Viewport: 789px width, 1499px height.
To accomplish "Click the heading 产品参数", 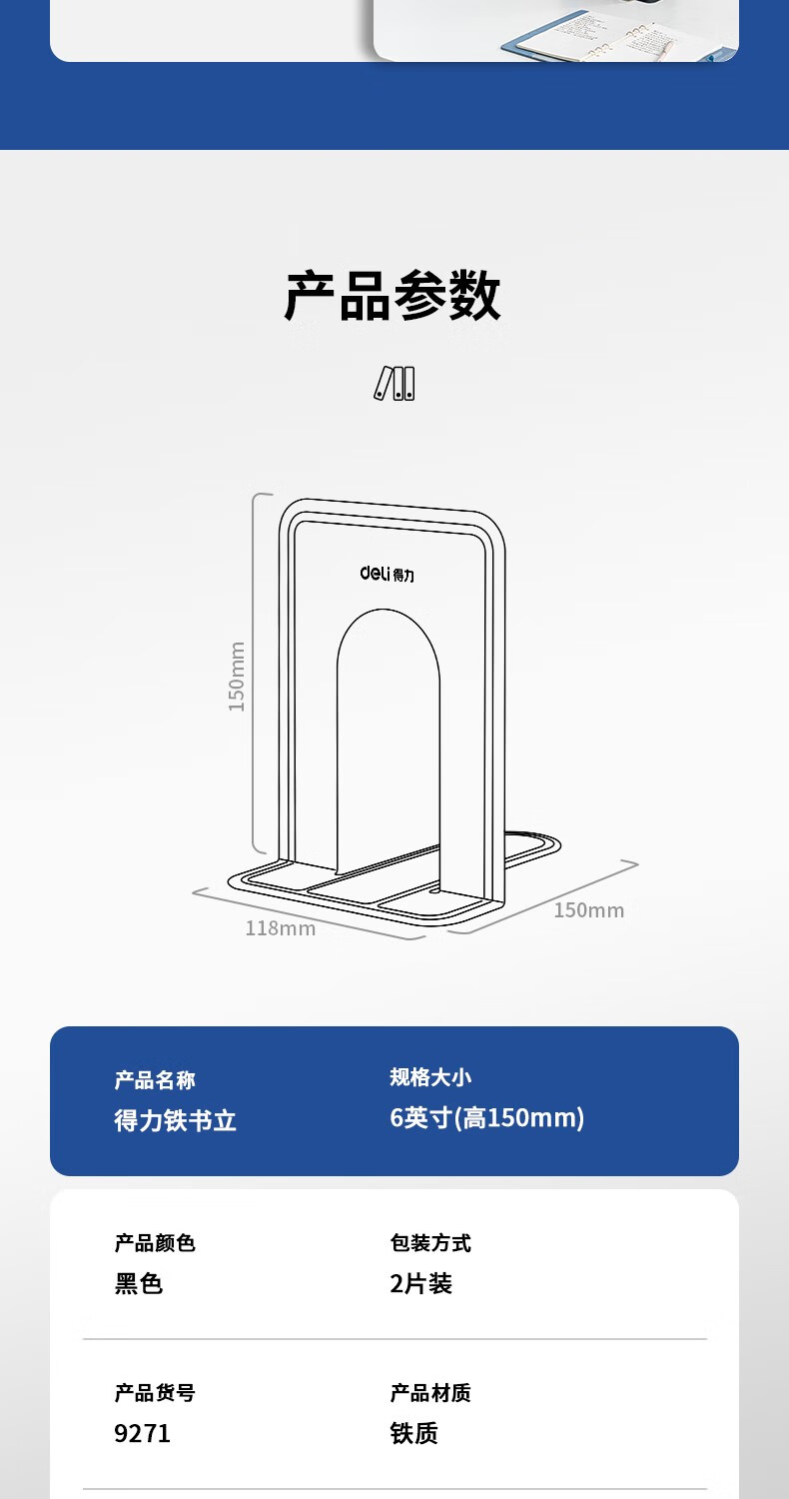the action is point(393,296).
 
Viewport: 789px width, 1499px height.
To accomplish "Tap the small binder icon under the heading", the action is point(394,383).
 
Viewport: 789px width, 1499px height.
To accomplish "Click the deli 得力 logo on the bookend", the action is point(387,574).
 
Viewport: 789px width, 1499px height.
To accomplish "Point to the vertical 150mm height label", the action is point(237,677).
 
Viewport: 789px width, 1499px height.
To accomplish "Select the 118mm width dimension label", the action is point(281,928).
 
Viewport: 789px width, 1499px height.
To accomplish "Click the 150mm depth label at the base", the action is point(589,910).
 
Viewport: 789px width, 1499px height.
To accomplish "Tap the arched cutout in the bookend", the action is point(389,740).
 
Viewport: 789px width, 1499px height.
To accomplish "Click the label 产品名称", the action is point(155,1080).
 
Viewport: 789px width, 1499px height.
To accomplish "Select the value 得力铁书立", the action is point(176,1120).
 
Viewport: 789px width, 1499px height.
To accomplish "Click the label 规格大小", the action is point(430,1077).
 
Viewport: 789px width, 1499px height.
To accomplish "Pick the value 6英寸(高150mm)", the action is point(487,1117).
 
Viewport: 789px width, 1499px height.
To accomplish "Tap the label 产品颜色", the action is point(155,1243).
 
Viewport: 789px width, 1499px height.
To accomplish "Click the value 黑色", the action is point(139,1284).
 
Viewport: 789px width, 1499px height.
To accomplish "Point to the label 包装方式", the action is point(430,1243).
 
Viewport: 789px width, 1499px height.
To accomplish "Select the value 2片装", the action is point(421,1284).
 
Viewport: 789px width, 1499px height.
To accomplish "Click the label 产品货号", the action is point(155,1393).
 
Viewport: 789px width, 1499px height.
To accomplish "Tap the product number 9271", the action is point(143,1434).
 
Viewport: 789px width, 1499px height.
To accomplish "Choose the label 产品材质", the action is point(430,1393).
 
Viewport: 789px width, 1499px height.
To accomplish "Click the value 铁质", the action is point(414,1434).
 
